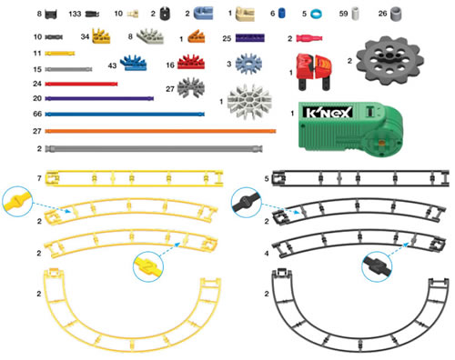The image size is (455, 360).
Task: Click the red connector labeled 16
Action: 189,65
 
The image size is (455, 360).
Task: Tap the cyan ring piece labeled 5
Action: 317,15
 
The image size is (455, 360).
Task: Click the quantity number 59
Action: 343,15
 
